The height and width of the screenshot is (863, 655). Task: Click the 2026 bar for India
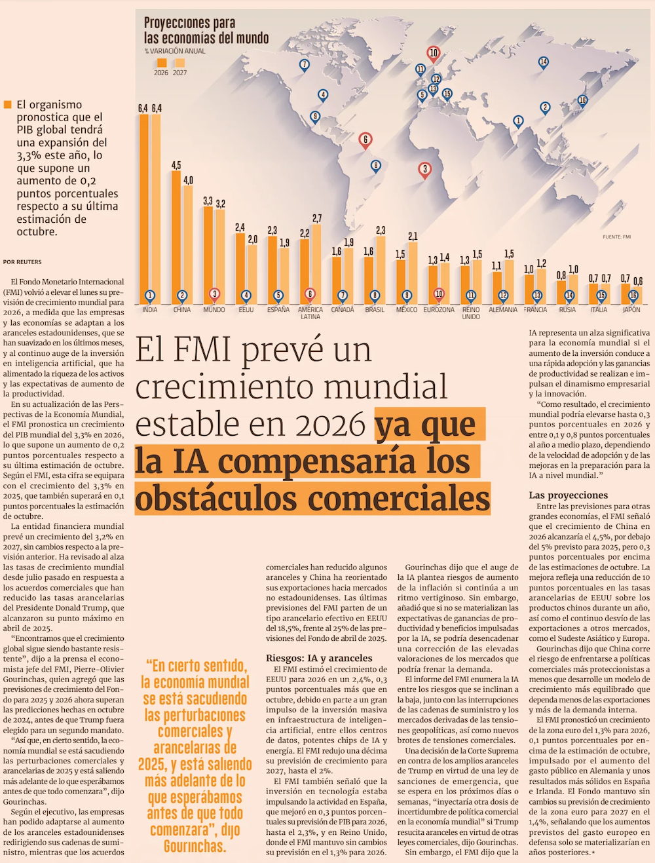[x=144, y=203]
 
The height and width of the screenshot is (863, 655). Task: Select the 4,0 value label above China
[x=189, y=180]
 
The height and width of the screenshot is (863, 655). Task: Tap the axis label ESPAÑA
[x=278, y=310]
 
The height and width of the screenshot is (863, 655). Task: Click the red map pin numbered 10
[x=433, y=53]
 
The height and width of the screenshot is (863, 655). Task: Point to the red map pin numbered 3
[x=424, y=170]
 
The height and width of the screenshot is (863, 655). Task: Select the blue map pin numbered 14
[x=544, y=62]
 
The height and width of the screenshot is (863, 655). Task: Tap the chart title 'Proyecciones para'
[x=189, y=24]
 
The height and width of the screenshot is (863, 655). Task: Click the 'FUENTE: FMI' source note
[x=616, y=237]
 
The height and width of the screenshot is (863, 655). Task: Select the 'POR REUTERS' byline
[x=22, y=262]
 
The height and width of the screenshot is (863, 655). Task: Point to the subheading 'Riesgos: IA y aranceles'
[x=319, y=658]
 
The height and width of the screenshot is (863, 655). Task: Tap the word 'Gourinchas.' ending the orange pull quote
[x=195, y=846]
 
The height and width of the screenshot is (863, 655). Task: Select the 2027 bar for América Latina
[x=317, y=262]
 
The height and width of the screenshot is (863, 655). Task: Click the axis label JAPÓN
[x=631, y=310]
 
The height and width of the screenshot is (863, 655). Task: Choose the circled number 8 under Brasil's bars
[x=375, y=295]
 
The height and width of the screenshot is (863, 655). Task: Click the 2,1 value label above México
[x=413, y=236]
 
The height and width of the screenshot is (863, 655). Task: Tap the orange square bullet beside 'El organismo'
[x=8, y=105]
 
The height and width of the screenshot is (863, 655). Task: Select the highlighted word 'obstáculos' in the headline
[x=218, y=498]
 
